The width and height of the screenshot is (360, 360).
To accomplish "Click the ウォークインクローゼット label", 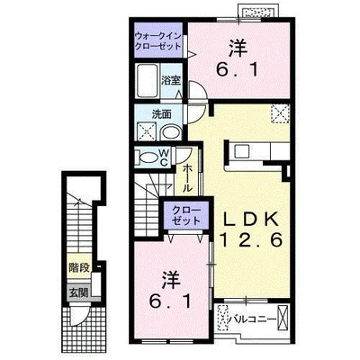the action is (x=158, y=41).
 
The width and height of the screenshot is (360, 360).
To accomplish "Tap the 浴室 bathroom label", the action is (x=171, y=80).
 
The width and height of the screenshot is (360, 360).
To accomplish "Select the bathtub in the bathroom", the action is (x=147, y=80).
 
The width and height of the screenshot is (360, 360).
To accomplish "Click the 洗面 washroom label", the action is (x=161, y=114).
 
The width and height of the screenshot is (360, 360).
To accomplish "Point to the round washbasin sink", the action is (x=171, y=132).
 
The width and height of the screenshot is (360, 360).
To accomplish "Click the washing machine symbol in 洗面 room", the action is (x=146, y=131).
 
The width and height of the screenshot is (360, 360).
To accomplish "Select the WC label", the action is (x=164, y=157).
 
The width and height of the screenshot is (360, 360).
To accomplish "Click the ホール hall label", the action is (x=187, y=178).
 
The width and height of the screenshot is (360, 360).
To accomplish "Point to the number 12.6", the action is (x=251, y=239).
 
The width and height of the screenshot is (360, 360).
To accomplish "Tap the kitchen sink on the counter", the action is (x=241, y=151).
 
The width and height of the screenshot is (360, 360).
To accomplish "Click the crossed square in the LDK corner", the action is (x=281, y=113).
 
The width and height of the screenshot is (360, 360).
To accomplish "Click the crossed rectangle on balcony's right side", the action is (x=283, y=317).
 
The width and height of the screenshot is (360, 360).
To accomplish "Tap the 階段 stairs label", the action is (x=79, y=267).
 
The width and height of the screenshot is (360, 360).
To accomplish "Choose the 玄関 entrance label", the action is (x=79, y=292).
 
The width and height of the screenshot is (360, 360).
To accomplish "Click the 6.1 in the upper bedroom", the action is (x=237, y=71).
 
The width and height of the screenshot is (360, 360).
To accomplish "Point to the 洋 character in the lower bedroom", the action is (x=170, y=280).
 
